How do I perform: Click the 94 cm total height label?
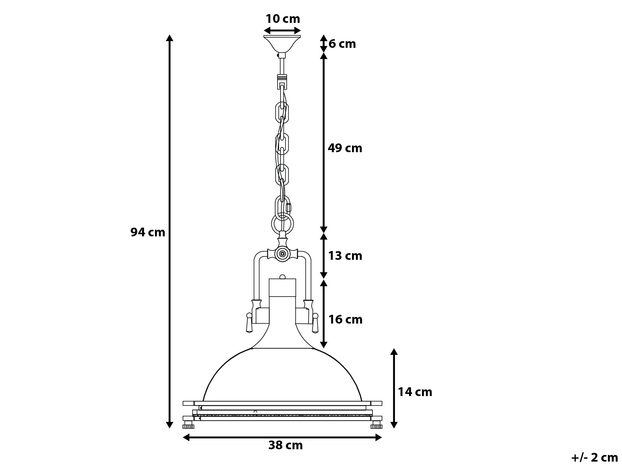(x=148, y=232)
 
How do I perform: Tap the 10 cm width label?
(x=283, y=19)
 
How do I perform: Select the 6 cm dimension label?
(x=342, y=44)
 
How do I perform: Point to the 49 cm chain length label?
(x=345, y=148)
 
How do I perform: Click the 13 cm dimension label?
(x=345, y=256)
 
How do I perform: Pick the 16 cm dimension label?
(x=345, y=319)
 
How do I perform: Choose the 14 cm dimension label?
(x=415, y=392)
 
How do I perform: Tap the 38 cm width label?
(x=285, y=454)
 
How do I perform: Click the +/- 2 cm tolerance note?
(x=594, y=458)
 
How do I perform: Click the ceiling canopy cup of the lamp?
(x=282, y=44)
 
